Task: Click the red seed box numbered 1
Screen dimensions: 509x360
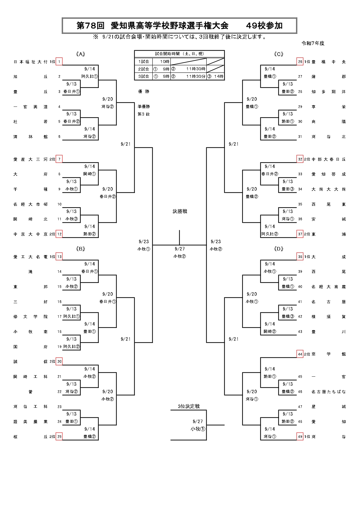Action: (59, 62)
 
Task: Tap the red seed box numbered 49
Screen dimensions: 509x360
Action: (300, 436)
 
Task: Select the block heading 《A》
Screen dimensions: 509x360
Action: (80, 54)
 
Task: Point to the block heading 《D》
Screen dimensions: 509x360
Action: (278, 249)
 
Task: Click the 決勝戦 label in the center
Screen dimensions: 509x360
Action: (180, 211)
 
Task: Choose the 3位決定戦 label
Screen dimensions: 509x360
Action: (189, 406)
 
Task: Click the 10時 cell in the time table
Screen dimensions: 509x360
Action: (165, 62)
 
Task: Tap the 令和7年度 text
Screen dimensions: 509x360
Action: (313, 43)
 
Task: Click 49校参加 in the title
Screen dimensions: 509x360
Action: (264, 26)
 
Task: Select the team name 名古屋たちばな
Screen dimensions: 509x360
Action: (328, 392)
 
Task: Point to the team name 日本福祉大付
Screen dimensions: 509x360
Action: (30, 62)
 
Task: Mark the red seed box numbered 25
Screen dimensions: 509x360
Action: (59, 436)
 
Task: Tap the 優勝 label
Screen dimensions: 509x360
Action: (144, 91)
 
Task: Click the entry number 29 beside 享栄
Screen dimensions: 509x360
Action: (300, 107)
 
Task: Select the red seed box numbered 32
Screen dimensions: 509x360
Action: (300, 159)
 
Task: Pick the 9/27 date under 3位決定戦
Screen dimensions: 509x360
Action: (198, 421)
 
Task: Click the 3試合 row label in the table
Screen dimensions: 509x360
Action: (143, 76)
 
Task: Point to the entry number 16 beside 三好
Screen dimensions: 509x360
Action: (60, 302)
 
